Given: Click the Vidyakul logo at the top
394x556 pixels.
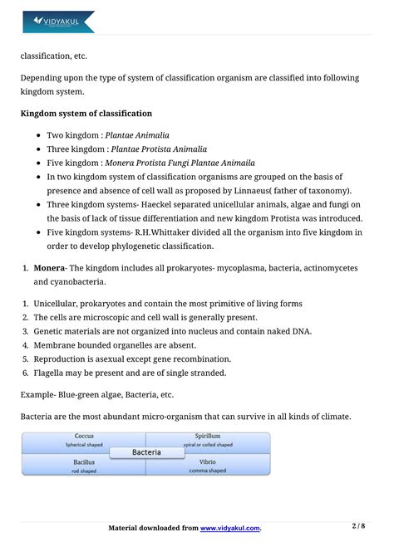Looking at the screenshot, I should [x=57, y=21].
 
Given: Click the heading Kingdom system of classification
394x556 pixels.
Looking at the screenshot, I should [x=86, y=113].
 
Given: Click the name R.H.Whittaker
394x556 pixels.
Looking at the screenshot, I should [x=170, y=232].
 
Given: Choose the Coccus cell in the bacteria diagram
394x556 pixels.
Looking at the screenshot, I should [x=84, y=441].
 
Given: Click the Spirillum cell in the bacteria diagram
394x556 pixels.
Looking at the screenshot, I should [x=208, y=441].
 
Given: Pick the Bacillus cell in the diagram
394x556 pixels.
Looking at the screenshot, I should [x=84, y=466].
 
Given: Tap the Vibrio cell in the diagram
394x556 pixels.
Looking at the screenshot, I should [x=208, y=466].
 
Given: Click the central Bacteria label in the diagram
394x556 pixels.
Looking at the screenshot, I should [x=146, y=452].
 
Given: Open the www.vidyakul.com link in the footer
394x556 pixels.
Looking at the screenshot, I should [x=230, y=528].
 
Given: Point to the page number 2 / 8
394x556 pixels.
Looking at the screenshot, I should [x=359, y=526].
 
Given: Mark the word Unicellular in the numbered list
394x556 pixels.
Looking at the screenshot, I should [x=60, y=304].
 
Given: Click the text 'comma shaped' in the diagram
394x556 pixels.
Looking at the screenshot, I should [x=207, y=471].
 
